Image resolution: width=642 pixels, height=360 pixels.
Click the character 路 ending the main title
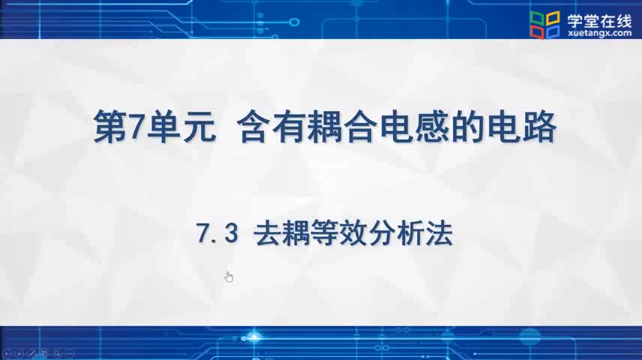click(540, 127)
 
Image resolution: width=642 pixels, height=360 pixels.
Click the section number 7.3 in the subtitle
click(217, 233)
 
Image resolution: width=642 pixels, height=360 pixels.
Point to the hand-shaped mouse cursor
click(229, 277)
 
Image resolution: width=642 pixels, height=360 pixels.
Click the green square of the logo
click(537, 19)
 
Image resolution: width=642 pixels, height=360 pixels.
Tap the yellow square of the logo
click(553, 17)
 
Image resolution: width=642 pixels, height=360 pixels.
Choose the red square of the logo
click(537, 33)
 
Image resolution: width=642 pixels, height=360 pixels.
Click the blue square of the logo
click(553, 32)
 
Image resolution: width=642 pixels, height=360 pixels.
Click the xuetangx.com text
click(600, 33)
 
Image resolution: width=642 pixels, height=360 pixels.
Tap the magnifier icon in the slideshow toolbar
click(57, 353)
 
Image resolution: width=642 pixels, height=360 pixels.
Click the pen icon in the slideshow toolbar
click(32, 353)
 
